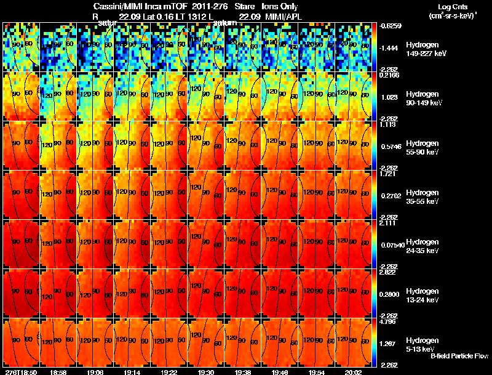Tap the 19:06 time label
(95, 372)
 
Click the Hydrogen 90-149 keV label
(424, 99)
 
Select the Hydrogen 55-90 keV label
(423, 147)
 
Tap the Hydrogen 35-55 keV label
(423, 196)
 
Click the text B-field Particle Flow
(459, 356)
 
